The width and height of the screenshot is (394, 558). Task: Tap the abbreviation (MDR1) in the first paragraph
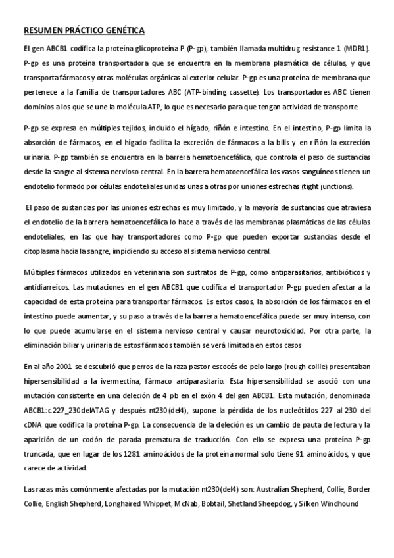tap(357, 49)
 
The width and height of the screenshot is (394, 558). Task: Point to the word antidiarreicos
tap(46, 288)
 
